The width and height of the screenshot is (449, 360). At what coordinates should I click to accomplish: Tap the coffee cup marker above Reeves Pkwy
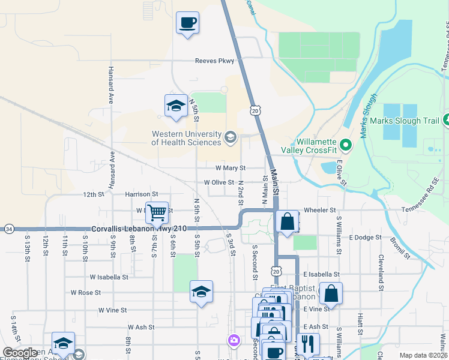(x=187, y=23)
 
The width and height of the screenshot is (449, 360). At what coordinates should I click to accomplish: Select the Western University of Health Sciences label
(x=186, y=139)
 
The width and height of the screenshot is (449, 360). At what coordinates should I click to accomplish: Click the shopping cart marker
(x=157, y=212)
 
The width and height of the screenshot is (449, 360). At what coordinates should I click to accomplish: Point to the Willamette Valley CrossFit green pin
(x=345, y=145)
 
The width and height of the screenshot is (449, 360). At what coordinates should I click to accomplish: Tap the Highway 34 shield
(x=8, y=229)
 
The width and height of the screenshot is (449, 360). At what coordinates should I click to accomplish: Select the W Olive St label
(x=218, y=182)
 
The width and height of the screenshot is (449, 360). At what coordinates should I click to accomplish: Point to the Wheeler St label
(x=320, y=211)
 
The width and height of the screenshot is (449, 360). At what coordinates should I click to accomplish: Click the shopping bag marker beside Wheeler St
(x=288, y=221)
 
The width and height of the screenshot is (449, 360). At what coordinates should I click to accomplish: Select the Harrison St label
(x=141, y=194)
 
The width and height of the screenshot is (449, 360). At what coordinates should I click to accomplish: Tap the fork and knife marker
(x=308, y=344)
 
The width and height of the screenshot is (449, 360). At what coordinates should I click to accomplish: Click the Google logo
(x=20, y=353)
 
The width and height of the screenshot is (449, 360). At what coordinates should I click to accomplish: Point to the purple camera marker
(x=234, y=341)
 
